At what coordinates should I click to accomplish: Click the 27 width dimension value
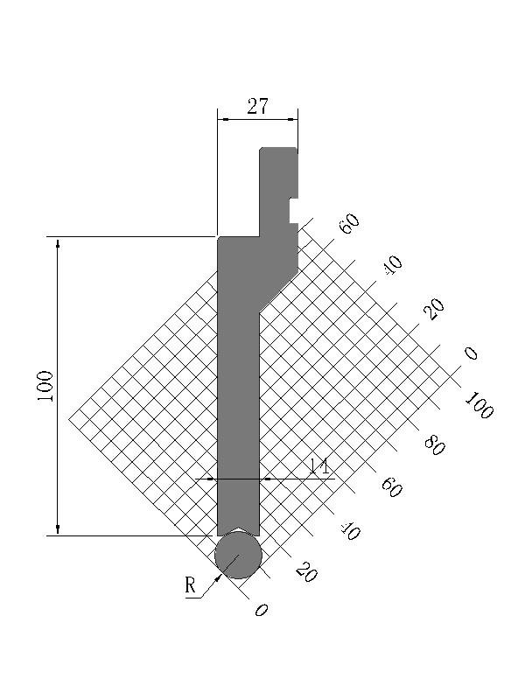[257, 106]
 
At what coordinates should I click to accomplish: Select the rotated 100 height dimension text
[45, 386]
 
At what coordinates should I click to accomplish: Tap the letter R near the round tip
[191, 584]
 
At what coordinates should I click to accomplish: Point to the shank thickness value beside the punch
[319, 467]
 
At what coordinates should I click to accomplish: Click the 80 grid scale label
[434, 445]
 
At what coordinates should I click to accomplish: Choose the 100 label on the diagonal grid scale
[479, 405]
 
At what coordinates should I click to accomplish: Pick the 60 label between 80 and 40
[392, 486]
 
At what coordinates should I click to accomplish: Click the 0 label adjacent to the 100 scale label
[471, 353]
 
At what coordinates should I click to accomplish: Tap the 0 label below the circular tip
[261, 610]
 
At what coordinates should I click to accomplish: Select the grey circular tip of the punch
[238, 555]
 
